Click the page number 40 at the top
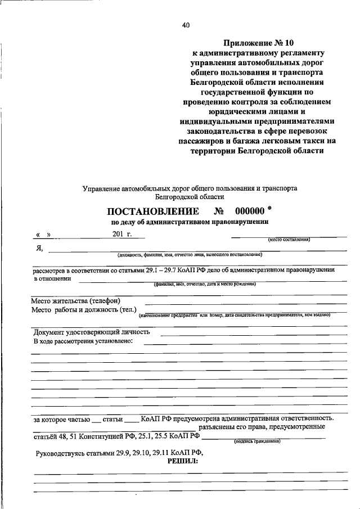(x=186, y=24)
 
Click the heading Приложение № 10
(x=259, y=42)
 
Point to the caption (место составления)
(x=289, y=240)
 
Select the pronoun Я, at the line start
(x=38, y=249)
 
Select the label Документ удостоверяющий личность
(x=92, y=332)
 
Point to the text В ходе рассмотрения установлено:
(x=83, y=341)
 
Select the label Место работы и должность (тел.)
(x=84, y=310)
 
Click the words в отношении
(x=53, y=278)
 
